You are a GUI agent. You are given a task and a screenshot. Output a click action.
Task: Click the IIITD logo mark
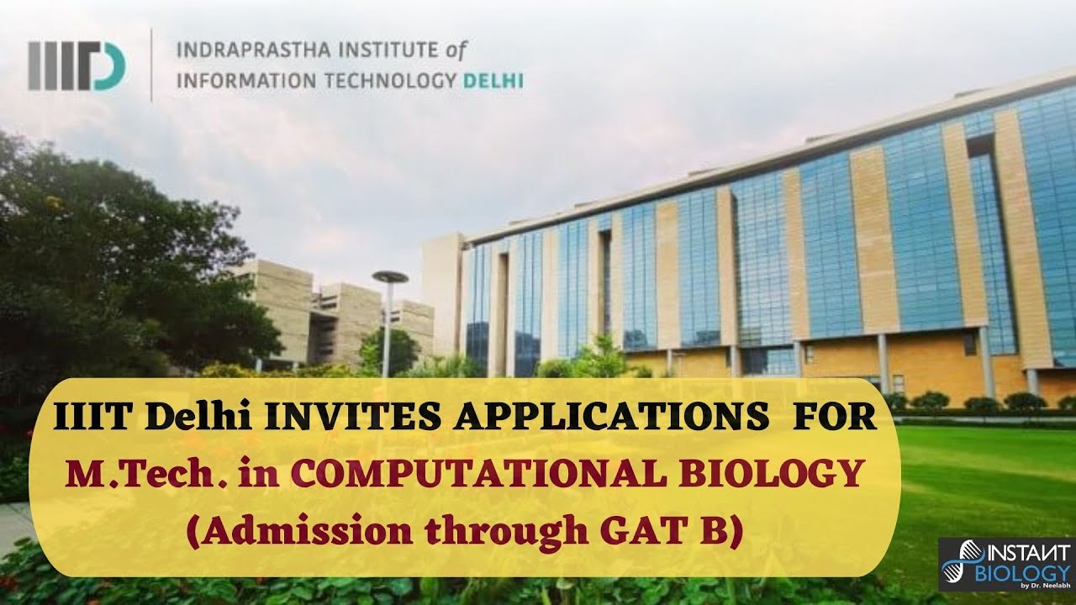[x=77, y=65]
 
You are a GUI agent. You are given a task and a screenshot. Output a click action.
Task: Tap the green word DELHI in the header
[x=493, y=82]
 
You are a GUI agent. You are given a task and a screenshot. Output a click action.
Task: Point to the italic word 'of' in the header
[x=455, y=51]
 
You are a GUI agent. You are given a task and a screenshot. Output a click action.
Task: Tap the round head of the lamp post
[x=389, y=277]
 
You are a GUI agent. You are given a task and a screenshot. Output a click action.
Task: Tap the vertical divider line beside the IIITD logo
[x=151, y=65]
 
